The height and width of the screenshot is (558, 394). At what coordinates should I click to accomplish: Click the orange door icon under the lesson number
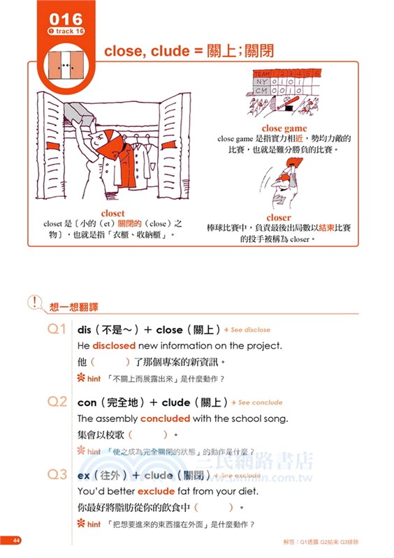[x=66, y=66]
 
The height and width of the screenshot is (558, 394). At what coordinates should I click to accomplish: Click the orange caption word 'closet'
[x=112, y=213]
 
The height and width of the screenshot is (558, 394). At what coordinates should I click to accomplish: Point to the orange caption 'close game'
[x=284, y=128]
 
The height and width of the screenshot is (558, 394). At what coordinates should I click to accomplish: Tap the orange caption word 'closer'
[x=278, y=218]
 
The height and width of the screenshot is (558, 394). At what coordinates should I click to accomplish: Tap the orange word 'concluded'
[x=165, y=418]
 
